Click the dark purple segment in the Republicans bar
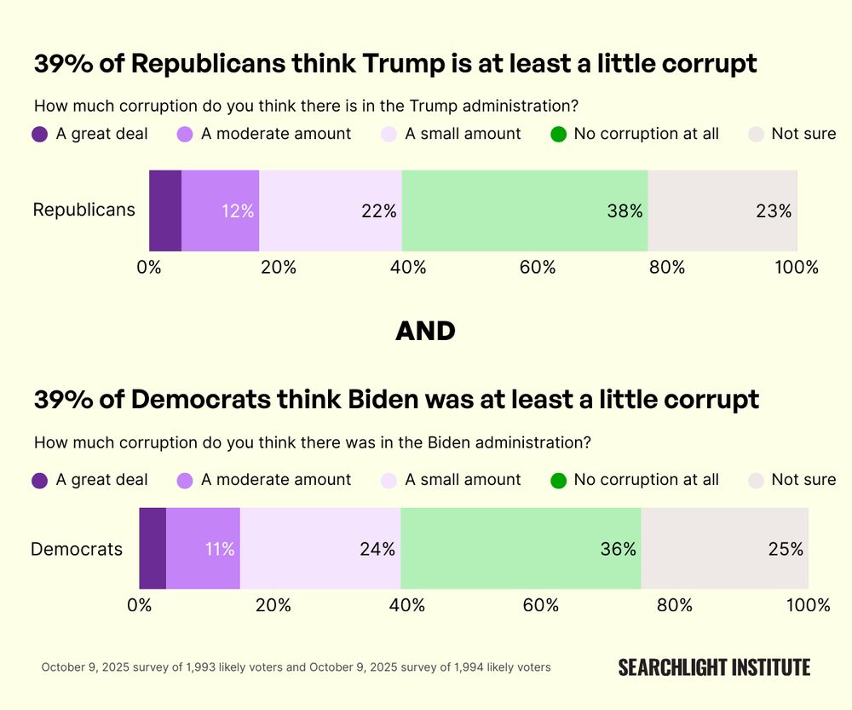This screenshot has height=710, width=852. [165, 211]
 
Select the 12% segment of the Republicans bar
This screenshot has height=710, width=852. [221, 211]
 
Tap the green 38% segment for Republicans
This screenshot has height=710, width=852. [525, 211]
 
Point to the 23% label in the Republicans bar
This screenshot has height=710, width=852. [774, 211]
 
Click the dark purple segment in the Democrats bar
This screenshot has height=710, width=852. [153, 548]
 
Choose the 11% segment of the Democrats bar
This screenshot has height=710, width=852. [204, 548]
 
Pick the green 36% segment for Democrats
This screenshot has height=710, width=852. [521, 548]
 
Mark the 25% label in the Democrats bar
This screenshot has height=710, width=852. [786, 549]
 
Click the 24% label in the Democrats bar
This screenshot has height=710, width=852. [377, 549]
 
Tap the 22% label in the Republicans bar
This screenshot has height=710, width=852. [378, 211]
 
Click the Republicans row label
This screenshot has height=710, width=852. [83, 210]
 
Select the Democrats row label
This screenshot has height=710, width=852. [77, 549]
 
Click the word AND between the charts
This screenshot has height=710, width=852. [425, 332]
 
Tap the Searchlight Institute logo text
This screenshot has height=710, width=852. [714, 667]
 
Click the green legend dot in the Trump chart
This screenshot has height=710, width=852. [559, 134]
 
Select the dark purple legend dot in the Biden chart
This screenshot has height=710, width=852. [40, 480]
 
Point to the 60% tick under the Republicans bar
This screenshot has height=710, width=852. [538, 268]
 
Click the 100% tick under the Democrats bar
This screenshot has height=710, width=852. [808, 605]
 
